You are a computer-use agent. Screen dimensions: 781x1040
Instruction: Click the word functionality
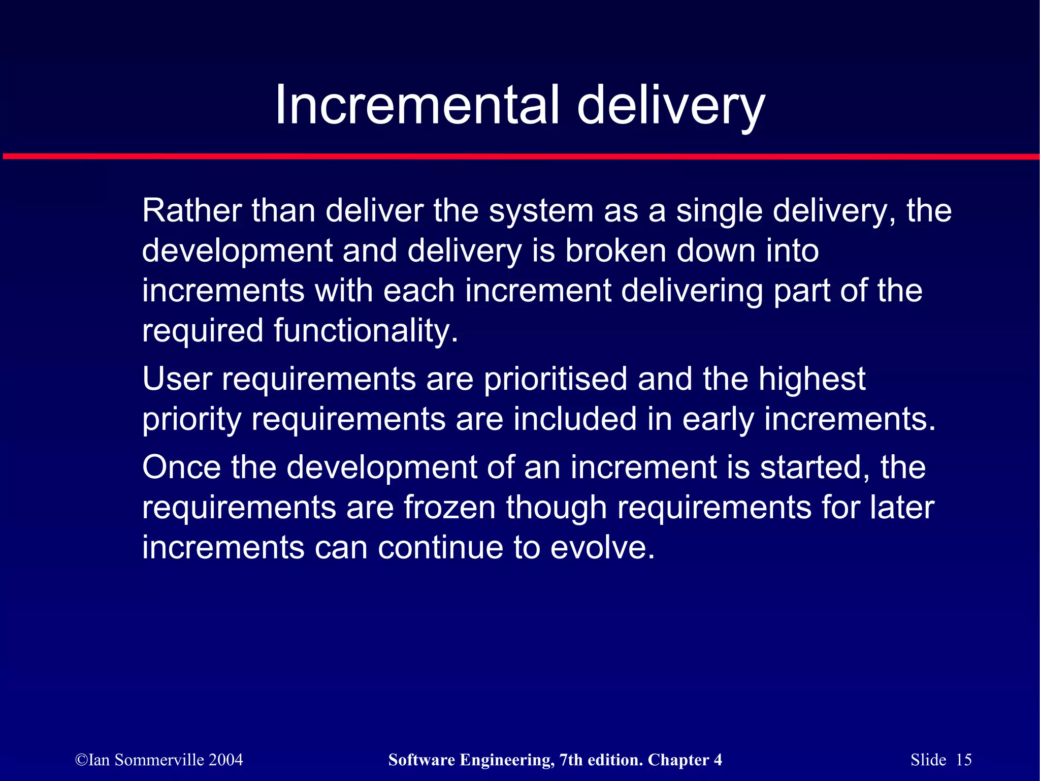pos(366,331)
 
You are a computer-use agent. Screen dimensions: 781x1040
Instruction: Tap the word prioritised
pos(555,380)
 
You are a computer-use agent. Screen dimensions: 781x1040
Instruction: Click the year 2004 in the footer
pos(225,760)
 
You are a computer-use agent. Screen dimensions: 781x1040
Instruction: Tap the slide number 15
pos(963,760)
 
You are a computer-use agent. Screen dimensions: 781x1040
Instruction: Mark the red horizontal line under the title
pos(520,157)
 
